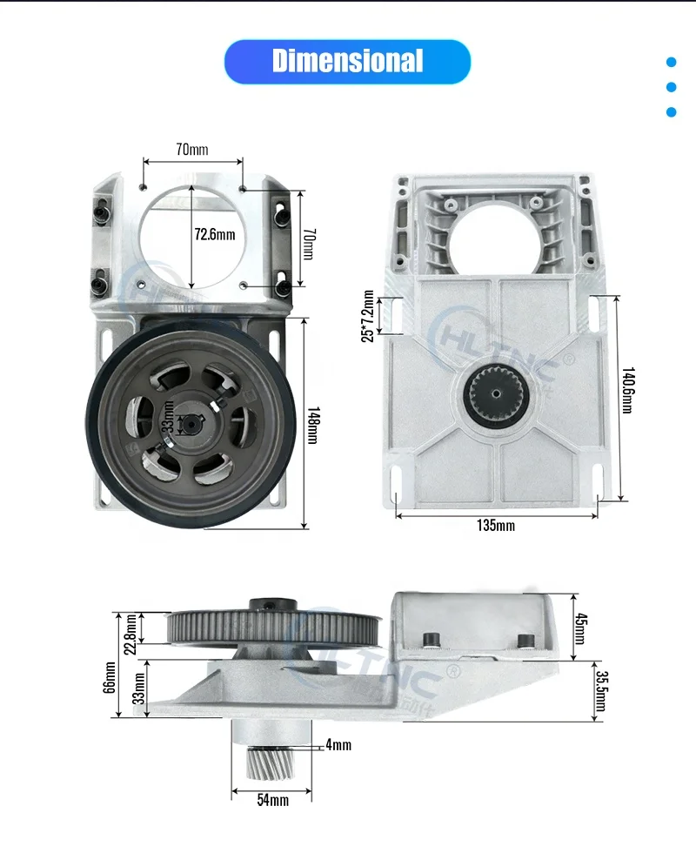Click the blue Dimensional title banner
tap(347, 61)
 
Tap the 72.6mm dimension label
tap(214, 235)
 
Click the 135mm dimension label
tap(497, 526)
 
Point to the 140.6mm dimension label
tap(627, 397)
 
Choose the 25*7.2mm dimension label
tap(368, 316)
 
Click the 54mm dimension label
tap(271, 800)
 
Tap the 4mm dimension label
tap(338, 745)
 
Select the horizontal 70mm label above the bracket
tap(191, 150)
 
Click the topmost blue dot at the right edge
tap(671, 62)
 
